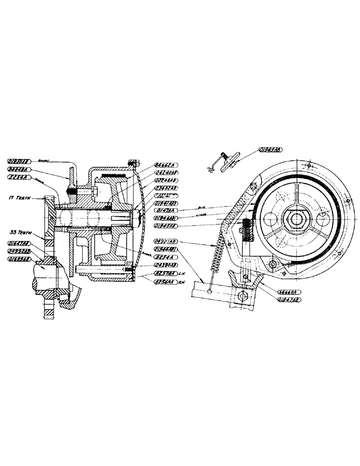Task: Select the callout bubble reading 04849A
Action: click(19, 169)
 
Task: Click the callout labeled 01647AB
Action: click(19, 243)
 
